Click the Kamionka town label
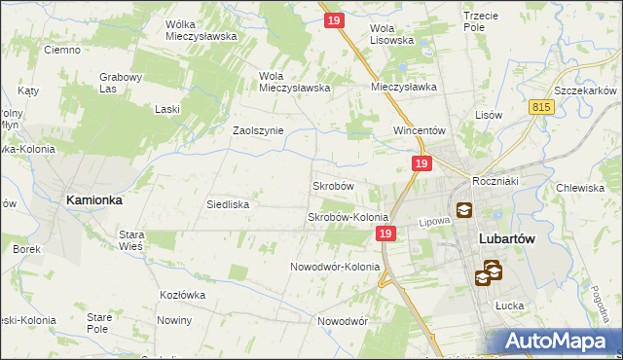tap(93, 199)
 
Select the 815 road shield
tap(543, 108)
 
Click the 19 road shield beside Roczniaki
tap(421, 165)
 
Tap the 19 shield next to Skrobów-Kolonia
tap(385, 234)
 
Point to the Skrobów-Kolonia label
tap(348, 217)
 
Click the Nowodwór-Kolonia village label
tap(335, 267)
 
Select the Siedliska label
tap(229, 205)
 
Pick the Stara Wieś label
tap(131, 239)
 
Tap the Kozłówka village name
tap(185, 294)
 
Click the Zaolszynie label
tap(258, 130)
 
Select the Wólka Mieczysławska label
tap(202, 30)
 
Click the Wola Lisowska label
tap(392, 34)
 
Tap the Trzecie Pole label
tap(488, 22)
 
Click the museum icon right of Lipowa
tap(464, 209)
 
